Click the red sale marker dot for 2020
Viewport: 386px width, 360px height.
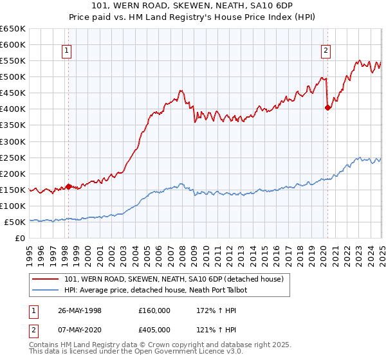click(327, 107)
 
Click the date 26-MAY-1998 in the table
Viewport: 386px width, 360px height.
click(78, 310)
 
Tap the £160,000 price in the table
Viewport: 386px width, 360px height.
click(154, 310)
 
